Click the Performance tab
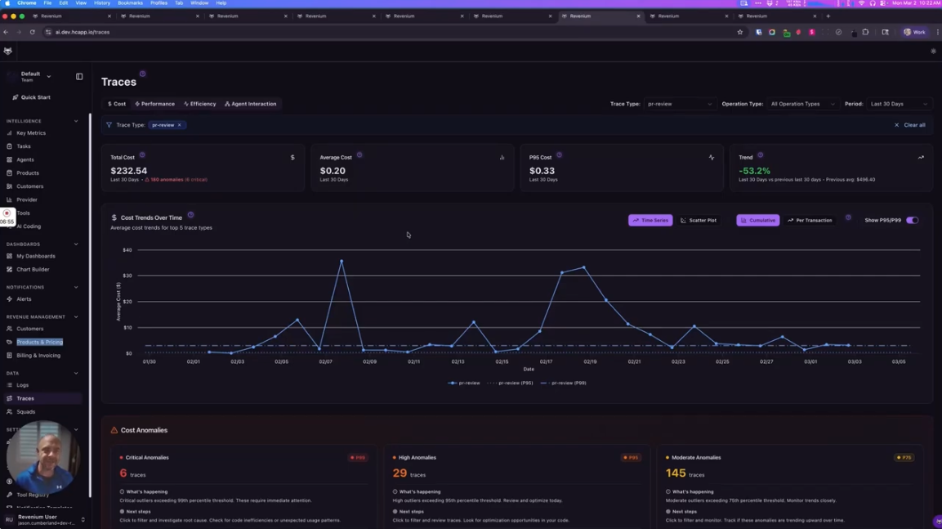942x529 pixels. pos(154,104)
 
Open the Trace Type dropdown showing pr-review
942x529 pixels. pos(679,104)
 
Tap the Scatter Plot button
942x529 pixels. pos(699,221)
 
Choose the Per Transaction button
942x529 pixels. pos(810,221)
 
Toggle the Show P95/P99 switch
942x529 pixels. pos(912,221)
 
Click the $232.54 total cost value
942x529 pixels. pos(129,171)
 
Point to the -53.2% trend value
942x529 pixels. pos(754,171)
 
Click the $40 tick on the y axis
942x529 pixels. pos(127,250)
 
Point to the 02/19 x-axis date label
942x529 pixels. pos(590,361)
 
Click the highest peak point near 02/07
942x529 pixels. pos(342,262)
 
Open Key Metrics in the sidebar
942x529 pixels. pos(31,133)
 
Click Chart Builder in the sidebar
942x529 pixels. pos(33,269)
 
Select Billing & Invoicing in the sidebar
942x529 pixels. pos(38,356)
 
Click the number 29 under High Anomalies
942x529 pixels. pos(400,473)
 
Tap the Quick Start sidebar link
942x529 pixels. pos(35,97)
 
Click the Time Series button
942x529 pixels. pos(650,221)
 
